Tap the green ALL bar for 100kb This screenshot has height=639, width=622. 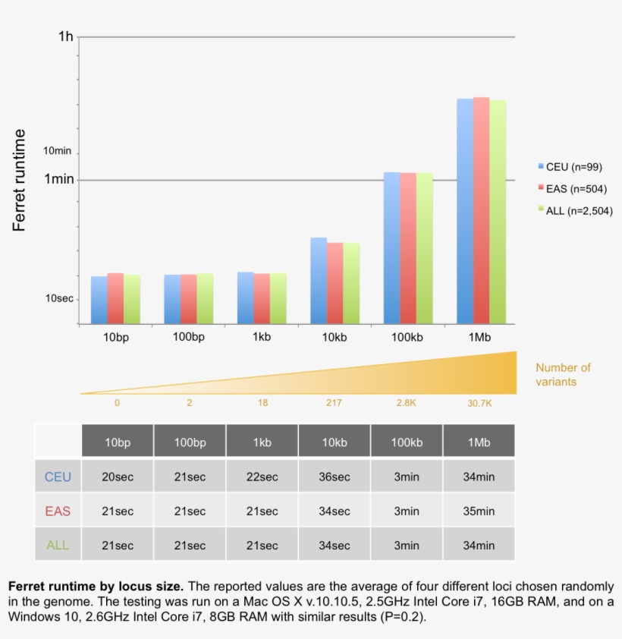coord(424,247)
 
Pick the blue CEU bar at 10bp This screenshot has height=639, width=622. coord(99,300)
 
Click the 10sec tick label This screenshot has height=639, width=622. coord(58,298)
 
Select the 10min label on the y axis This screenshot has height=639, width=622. coord(57,151)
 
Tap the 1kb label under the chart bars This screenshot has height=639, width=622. coord(262,337)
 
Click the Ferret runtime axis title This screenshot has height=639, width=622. coord(20,180)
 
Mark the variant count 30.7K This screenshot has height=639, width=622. coord(479,403)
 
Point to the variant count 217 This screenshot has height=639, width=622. coord(334,403)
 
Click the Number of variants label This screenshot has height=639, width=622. coord(563,375)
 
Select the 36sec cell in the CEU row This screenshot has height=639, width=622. coord(335,477)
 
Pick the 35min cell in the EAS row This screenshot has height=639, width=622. coord(479,512)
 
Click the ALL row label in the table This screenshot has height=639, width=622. coord(58,546)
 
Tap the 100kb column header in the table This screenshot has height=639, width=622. coord(407,442)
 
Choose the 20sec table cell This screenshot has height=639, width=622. coord(118,477)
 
